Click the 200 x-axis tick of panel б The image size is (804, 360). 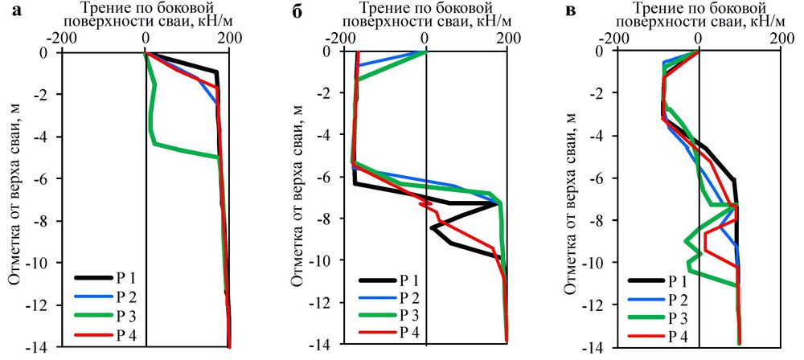point(507,37)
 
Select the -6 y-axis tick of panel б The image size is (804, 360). point(318,177)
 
